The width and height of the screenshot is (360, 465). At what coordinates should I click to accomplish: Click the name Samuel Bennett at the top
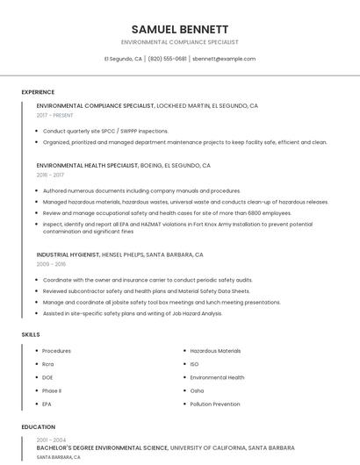180,29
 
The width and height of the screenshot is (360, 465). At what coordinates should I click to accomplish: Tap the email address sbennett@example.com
224,59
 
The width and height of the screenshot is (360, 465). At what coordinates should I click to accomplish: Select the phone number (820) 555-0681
167,59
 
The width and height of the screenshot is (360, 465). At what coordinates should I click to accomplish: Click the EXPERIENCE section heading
38,92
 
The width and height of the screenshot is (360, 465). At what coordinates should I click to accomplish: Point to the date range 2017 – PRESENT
56,115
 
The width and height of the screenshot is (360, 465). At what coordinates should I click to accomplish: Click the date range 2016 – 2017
50,175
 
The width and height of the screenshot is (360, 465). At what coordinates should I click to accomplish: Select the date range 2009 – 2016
51,263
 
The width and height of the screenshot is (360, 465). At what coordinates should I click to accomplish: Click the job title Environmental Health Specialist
87,165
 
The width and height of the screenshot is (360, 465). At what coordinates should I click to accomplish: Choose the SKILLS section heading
31,334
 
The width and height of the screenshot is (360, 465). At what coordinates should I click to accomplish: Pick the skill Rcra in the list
48,364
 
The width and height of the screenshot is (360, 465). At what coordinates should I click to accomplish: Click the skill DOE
47,377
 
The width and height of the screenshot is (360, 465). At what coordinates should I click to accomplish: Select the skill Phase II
52,390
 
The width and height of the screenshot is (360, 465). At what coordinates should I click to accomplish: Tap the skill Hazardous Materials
215,351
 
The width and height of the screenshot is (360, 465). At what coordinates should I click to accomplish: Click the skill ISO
194,364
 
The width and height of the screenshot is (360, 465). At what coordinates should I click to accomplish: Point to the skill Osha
197,390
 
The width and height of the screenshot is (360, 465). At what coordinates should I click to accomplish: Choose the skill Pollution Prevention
214,404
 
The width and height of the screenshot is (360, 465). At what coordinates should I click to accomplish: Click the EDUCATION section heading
38,427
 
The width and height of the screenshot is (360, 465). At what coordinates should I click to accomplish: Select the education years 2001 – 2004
51,440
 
